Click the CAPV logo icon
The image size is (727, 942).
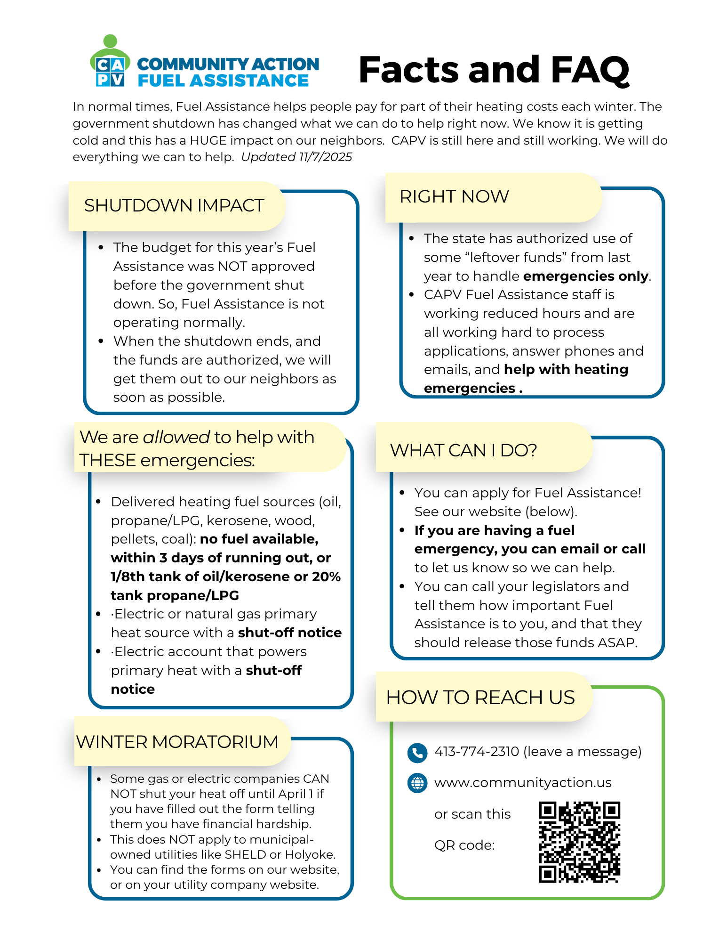coord(110,62)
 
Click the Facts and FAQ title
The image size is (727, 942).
coord(494,70)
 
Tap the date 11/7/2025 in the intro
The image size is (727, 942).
coord(325,157)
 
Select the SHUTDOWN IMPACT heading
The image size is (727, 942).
coord(174,206)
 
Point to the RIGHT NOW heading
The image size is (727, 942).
coord(454,197)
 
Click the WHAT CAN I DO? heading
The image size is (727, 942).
coord(463,450)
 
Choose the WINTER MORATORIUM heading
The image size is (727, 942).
coord(177,742)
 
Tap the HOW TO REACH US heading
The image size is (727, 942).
coord(480,698)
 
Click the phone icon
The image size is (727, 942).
coord(417,752)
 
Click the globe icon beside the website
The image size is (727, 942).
coord(417,783)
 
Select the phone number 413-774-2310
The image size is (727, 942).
coord(476,751)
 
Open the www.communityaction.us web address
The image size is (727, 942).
coord(522,783)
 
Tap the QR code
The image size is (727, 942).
coord(579,842)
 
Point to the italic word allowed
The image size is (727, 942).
coord(176,438)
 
